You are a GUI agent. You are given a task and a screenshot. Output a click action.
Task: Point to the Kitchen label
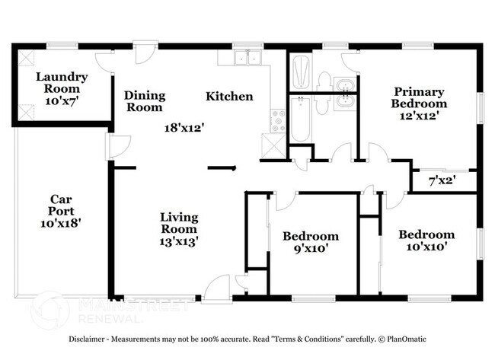coord(229,97)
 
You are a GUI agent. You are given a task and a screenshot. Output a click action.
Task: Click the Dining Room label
coord(145,101)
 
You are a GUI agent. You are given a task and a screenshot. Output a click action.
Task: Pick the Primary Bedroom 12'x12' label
coord(418,97)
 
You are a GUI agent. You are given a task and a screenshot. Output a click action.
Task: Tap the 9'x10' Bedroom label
coord(310,241)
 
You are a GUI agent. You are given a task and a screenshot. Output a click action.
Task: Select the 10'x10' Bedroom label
coord(426,240)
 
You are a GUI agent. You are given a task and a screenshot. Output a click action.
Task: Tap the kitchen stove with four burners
coord(278,120)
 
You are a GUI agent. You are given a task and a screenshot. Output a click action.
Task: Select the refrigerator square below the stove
coord(271,145)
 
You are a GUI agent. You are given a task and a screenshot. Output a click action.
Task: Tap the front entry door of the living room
coord(216,287)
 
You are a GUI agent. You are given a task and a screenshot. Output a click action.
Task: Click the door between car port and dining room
coord(114,145)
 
